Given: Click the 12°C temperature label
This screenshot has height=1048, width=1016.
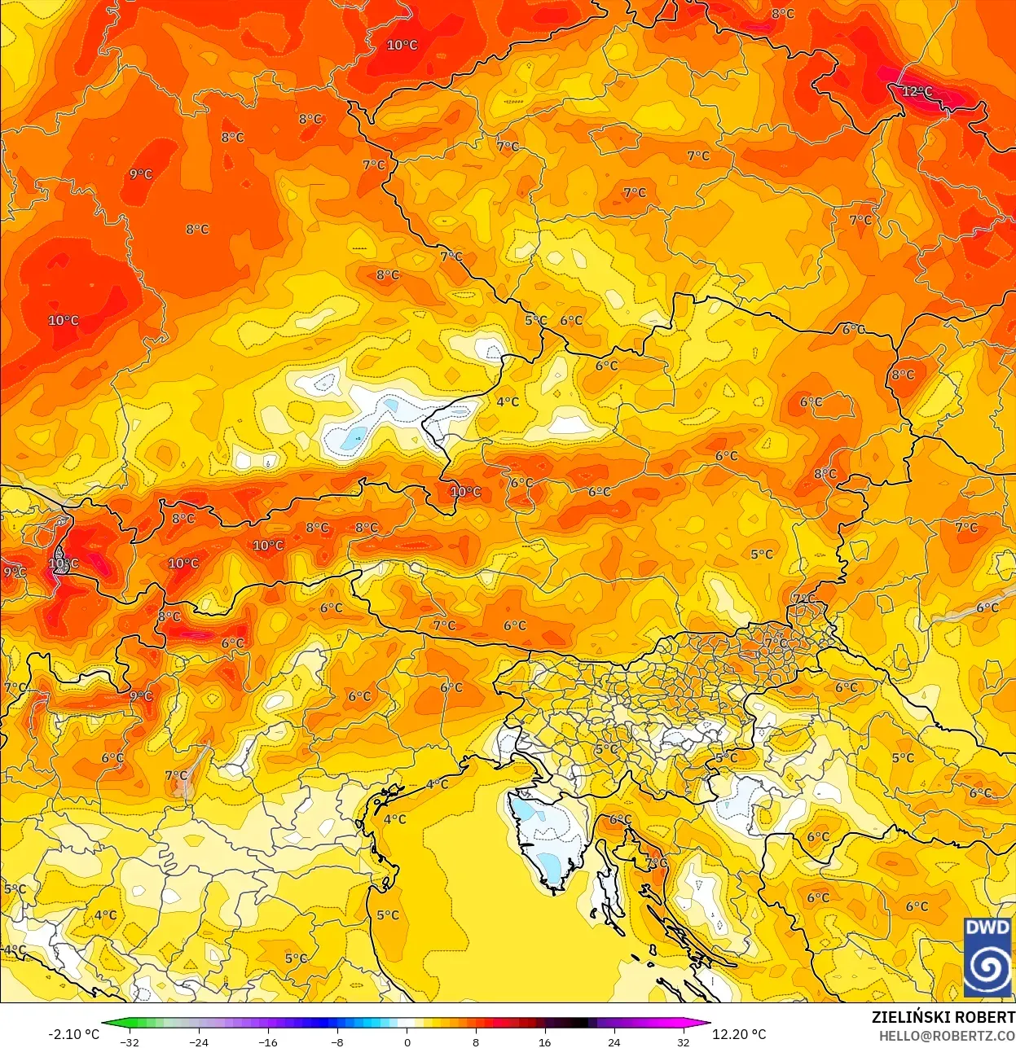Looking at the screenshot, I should [x=917, y=91].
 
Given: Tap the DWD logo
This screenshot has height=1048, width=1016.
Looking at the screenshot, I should [x=987, y=957].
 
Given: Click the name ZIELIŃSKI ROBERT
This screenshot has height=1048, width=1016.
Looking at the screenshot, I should [x=943, y=1017].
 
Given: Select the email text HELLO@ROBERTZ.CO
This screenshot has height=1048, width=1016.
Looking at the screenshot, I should [x=947, y=1036].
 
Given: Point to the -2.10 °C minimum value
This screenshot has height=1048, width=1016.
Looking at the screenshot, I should [x=73, y=1034].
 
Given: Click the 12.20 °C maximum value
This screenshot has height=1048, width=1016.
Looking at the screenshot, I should [x=739, y=1034].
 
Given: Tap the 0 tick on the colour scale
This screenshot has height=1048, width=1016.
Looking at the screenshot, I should [x=407, y=1042].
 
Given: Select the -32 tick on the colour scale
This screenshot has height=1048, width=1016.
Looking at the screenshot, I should [x=130, y=1042].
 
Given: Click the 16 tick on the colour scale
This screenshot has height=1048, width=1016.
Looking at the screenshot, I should [x=544, y=1042].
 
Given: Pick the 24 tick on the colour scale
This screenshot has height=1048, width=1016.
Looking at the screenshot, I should [x=614, y=1042].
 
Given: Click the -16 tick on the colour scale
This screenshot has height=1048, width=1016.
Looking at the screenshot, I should [x=268, y=1042].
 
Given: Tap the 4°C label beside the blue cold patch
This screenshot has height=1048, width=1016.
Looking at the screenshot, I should [x=508, y=401].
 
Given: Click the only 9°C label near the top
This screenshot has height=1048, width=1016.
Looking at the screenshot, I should [x=140, y=173].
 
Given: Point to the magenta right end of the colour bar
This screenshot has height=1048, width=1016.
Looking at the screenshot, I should [x=702, y=1024].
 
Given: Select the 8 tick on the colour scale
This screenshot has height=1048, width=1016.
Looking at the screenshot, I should [x=476, y=1042].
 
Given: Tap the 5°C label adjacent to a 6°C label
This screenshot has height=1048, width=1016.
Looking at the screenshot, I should [x=535, y=320].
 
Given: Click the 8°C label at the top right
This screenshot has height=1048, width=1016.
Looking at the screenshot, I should [x=782, y=14].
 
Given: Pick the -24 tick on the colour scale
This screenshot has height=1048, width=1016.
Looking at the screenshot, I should [x=199, y=1042].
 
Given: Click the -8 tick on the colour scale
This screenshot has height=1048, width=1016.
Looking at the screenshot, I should [x=337, y=1042].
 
